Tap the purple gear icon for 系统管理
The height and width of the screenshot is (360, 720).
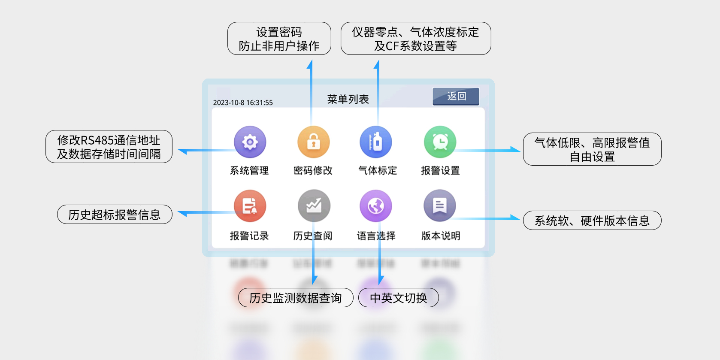[250, 142]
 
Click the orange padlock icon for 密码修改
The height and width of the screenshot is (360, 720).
[313, 142]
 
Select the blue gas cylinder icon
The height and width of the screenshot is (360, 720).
[376, 142]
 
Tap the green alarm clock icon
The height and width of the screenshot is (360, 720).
[440, 142]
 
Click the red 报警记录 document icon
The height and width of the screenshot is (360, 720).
[250, 206]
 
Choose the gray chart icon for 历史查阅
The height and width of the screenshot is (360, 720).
[314, 206]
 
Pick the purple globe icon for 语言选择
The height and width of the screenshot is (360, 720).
[376, 206]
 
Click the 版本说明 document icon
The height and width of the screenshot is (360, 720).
[440, 206]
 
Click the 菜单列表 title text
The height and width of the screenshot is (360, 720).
[348, 100]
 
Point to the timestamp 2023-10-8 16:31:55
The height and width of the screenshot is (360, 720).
[243, 103]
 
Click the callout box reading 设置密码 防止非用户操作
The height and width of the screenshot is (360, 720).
[279, 39]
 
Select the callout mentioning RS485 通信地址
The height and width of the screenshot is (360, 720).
[109, 147]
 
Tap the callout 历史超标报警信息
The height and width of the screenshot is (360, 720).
[115, 215]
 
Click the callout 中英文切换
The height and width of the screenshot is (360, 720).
[399, 298]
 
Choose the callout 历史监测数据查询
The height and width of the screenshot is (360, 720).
[296, 298]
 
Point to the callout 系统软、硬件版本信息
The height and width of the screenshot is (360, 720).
[592, 221]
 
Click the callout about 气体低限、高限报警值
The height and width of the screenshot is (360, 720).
[592, 149]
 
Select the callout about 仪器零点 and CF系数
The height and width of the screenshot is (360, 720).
[416, 39]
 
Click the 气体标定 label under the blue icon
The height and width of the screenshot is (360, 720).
[378, 171]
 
